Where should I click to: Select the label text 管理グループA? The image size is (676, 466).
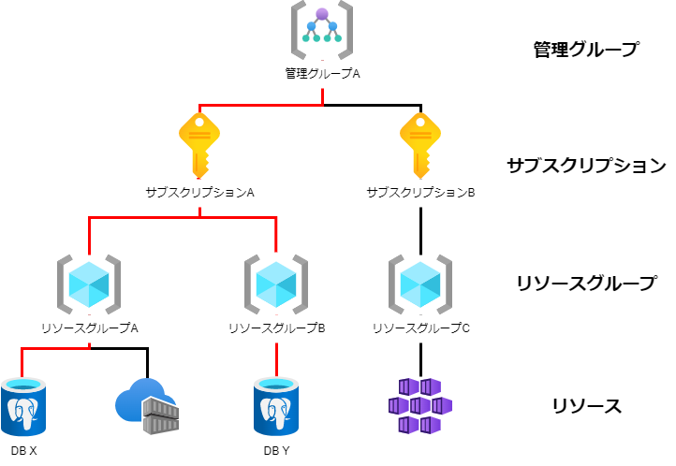(322, 73)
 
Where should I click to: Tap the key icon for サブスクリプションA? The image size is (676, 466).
(199, 143)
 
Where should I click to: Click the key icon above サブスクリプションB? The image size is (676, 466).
(420, 143)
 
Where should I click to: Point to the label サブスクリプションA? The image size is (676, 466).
(199, 192)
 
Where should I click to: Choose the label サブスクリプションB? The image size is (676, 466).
(420, 192)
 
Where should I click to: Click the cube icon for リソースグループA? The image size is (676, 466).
(90, 282)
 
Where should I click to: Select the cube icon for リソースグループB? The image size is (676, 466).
(276, 282)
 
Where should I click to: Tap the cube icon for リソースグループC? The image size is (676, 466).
(420, 282)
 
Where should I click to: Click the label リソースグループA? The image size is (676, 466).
(90, 328)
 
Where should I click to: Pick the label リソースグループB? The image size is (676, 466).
(276, 328)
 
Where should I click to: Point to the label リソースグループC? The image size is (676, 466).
(420, 328)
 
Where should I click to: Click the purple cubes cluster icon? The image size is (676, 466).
(420, 406)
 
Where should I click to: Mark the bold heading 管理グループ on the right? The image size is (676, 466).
(579, 50)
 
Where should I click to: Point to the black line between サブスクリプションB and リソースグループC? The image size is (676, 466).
(420, 227)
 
